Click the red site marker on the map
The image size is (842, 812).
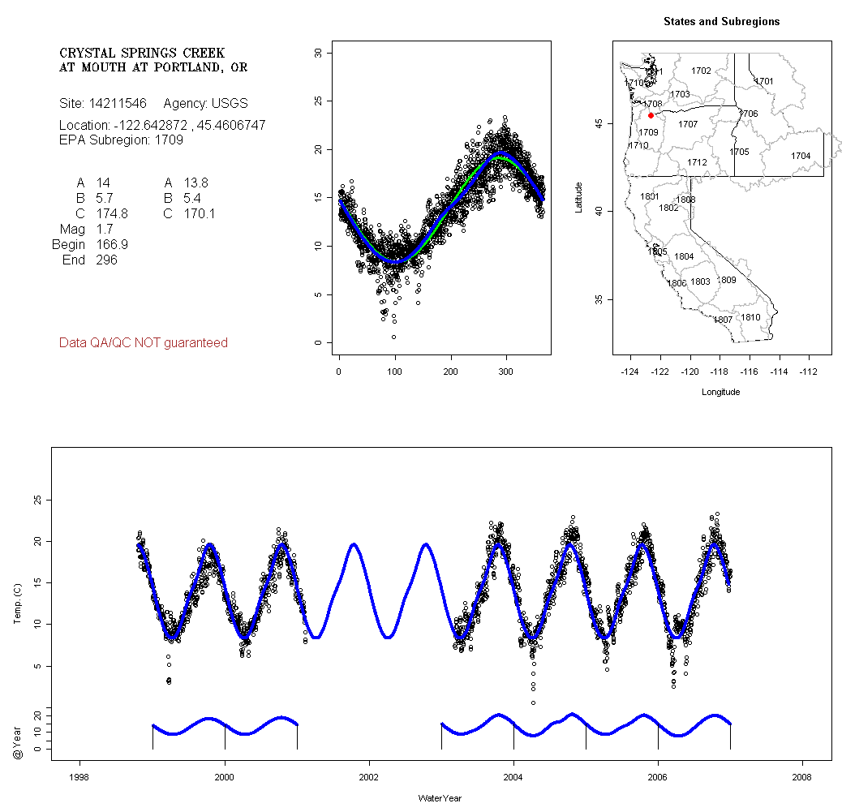651,115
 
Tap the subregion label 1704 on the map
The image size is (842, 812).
801,156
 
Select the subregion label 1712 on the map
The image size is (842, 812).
697,162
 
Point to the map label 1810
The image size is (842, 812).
751,317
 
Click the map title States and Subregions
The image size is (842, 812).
721,22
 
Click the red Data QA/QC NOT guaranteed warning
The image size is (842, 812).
144,343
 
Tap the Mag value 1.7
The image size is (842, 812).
105,229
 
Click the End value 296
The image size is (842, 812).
106,260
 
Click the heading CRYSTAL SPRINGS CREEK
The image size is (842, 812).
142,54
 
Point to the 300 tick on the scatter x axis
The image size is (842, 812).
505,372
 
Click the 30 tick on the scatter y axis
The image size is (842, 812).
318,53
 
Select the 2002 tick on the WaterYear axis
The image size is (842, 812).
369,775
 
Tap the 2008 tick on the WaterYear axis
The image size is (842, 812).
802,775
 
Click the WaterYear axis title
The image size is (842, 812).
440,798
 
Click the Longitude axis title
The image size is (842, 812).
720,392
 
